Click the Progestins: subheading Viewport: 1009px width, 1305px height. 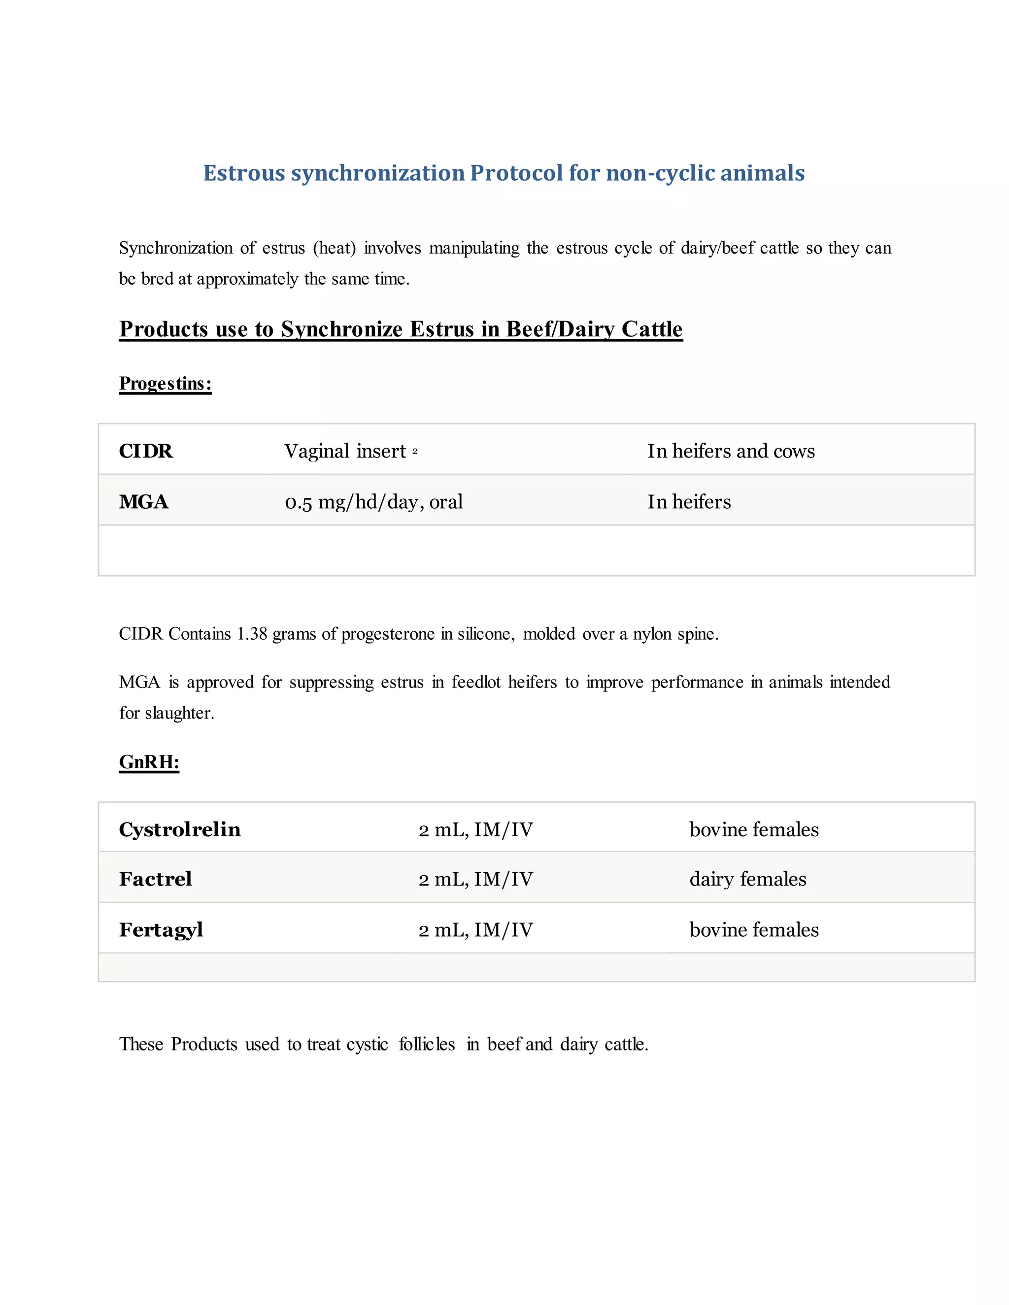coord(165,383)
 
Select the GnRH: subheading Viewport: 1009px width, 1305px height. coord(149,762)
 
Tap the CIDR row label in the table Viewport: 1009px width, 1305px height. coord(146,451)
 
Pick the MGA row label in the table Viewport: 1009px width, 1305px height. coord(143,502)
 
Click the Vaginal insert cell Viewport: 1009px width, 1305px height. coord(345,451)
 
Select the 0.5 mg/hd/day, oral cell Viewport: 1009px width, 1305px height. coord(373,502)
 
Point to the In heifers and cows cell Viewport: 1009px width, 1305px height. coord(731,451)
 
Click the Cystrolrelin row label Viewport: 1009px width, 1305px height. coord(179,829)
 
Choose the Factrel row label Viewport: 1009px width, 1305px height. coord(155,879)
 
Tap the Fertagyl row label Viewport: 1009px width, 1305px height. coord(161,930)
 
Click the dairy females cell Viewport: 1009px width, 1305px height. coord(747,879)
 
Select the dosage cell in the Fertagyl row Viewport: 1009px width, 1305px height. coord(475,930)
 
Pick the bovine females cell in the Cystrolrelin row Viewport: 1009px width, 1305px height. coord(754,829)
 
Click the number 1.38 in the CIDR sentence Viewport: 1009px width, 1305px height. coord(252,633)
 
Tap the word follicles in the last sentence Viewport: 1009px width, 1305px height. coord(427,1044)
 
